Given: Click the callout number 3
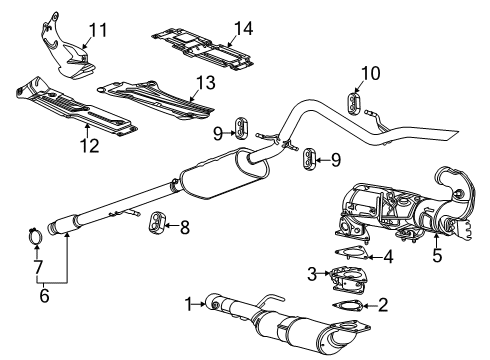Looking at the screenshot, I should coord(313,273).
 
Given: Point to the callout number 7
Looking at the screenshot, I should coord(37,268).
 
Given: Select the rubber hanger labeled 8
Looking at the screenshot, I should coord(157,221).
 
